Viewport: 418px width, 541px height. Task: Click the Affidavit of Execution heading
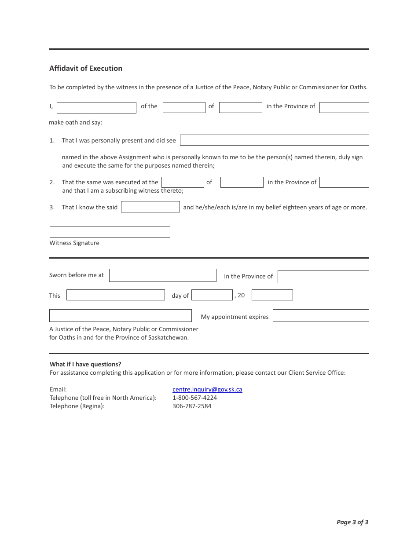(x=86, y=68)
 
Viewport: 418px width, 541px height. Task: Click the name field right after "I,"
(x=96, y=108)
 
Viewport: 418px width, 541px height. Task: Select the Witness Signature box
(x=110, y=232)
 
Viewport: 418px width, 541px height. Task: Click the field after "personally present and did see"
(x=274, y=140)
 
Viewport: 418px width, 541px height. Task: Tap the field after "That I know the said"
(x=150, y=207)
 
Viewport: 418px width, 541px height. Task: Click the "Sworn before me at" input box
(x=162, y=275)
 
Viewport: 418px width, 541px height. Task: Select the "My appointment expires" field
(x=321, y=316)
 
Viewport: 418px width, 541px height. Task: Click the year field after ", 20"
(x=272, y=295)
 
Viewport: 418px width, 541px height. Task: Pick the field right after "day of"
(x=212, y=295)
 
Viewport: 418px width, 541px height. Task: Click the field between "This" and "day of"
(x=115, y=295)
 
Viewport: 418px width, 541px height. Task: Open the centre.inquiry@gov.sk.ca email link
(x=207, y=389)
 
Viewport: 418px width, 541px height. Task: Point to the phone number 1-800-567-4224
(x=194, y=398)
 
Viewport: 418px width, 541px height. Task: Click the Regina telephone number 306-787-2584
(x=192, y=406)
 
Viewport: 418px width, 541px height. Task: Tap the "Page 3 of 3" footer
(x=352, y=522)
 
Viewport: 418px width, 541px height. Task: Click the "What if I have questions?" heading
(x=85, y=364)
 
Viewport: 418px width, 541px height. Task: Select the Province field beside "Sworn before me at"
(x=323, y=277)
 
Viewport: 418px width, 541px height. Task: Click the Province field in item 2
(x=344, y=182)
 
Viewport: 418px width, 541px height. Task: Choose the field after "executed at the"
(x=183, y=182)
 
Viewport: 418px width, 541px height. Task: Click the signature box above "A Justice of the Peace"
(x=120, y=316)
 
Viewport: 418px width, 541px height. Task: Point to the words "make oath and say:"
(x=76, y=122)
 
